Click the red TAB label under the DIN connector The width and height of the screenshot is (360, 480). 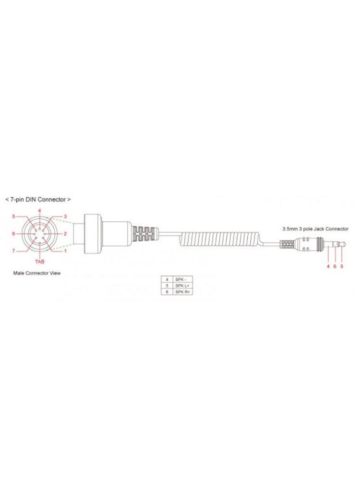tap(39, 262)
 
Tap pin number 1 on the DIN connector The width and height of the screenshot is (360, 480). tap(65, 251)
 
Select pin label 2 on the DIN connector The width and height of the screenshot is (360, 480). tap(65, 234)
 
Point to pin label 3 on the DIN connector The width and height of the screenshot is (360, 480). tap(65, 216)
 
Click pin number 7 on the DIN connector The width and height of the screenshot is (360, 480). tap(13, 251)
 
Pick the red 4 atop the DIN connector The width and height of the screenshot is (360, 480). tap(40, 210)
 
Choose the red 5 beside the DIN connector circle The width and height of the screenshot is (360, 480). tap(13, 216)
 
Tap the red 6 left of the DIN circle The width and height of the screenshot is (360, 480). tap(13, 234)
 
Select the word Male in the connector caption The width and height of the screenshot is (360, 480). tap(18, 273)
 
